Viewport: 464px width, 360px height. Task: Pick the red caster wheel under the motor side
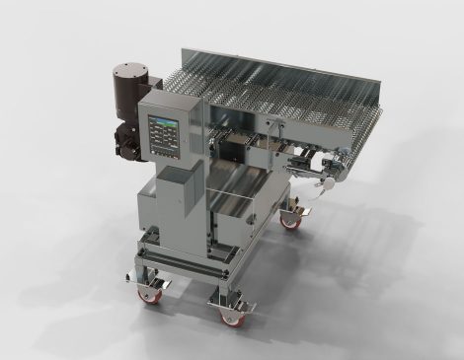pos(151,291)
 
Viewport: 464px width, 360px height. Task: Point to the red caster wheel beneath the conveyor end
pos(291,222)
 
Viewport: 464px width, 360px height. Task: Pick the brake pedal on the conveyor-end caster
pos(301,211)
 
